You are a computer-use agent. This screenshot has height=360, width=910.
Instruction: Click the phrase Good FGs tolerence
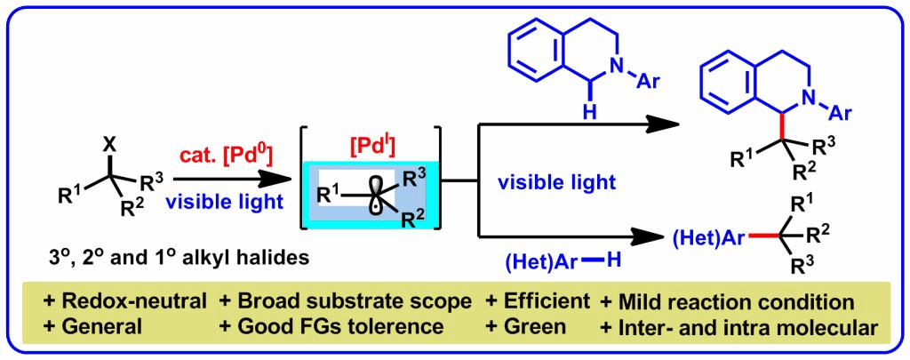click(x=333, y=325)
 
